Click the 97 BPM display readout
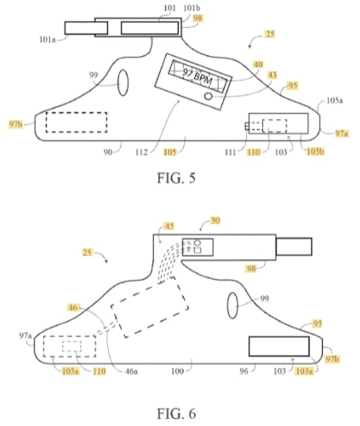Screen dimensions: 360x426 tap(197, 76)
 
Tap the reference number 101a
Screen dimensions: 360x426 tap(47, 40)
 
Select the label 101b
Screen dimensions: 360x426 tap(192, 8)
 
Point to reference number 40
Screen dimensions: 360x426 tap(258, 65)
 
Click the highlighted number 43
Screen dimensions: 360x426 tap(272, 75)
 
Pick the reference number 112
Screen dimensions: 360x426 tap(141, 153)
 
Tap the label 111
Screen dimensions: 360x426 tap(230, 153)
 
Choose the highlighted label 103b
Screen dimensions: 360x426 tap(315, 152)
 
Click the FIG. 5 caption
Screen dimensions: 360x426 tap(176, 179)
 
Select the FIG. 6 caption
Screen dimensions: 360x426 tap(176, 414)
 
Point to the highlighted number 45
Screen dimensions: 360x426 tap(169, 226)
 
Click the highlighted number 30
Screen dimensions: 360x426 tap(216, 221)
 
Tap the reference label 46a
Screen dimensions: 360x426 tap(131, 371)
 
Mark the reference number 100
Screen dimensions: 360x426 tap(178, 371)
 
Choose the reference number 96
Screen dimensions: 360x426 tap(244, 371)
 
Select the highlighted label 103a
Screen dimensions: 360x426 tap(304, 371)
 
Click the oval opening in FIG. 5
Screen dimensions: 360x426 tap(123, 83)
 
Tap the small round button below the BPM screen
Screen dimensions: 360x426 tap(208, 96)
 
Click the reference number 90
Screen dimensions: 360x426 tap(107, 153)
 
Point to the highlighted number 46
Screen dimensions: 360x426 tap(73, 307)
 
